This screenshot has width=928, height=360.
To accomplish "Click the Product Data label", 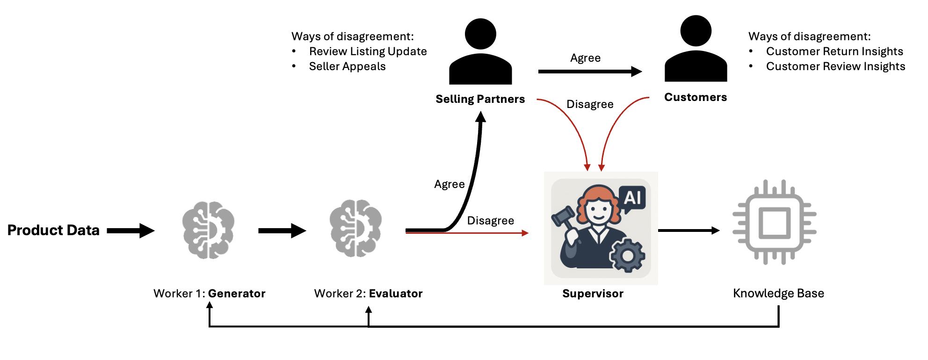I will (x=53, y=230).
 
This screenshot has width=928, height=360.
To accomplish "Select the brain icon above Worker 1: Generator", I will (x=208, y=230).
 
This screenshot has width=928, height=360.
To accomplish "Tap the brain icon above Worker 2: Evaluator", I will (x=355, y=228).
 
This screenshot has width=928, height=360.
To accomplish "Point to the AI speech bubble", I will (x=632, y=198).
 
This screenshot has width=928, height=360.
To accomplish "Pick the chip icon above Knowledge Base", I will (x=774, y=222).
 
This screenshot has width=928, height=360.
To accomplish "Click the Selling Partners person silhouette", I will (x=480, y=52).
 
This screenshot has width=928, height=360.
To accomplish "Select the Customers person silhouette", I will (x=696, y=50).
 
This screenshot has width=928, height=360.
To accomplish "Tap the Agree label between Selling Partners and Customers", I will (x=585, y=58).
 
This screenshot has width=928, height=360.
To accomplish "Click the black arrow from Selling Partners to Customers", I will (x=589, y=72).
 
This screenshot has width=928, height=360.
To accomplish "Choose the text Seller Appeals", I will (x=347, y=66).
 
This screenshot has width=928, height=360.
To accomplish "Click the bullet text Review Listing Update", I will (x=368, y=51).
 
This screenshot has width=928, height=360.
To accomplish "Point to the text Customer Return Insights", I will (x=834, y=51).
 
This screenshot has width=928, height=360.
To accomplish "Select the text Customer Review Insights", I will (x=835, y=66).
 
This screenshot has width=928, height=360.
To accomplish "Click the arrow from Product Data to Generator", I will (x=130, y=230).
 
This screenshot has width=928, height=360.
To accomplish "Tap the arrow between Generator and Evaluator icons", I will (x=282, y=230).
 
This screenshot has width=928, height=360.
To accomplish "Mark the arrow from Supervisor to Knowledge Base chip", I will (x=688, y=230).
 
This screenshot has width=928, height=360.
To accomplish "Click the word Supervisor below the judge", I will (x=593, y=294).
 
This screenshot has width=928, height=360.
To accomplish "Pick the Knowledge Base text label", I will (x=778, y=293).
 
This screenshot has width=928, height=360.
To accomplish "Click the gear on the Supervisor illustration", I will (x=627, y=255).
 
